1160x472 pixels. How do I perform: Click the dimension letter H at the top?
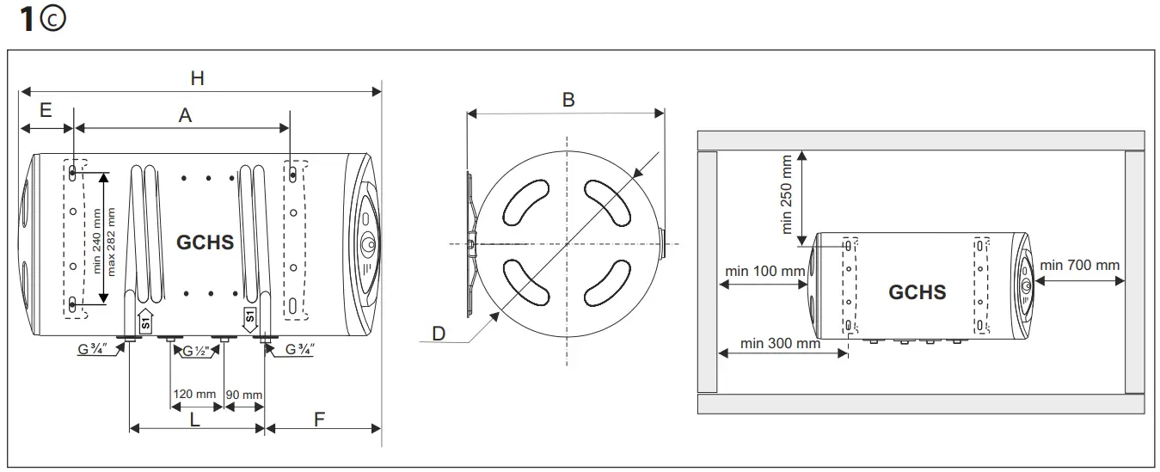(197, 77)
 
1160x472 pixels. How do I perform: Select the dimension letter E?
(46, 110)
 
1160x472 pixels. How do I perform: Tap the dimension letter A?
(184, 115)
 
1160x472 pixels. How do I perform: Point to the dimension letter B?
(568, 99)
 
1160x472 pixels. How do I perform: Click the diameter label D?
(439, 334)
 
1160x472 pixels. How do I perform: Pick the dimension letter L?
(195, 420)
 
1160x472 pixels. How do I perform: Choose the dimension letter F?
(319, 420)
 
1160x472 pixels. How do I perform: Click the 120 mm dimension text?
(194, 394)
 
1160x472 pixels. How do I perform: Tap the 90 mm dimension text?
(244, 394)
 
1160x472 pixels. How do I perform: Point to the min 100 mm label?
(765, 271)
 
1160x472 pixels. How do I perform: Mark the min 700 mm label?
(1080, 265)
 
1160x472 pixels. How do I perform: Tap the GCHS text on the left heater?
(205, 242)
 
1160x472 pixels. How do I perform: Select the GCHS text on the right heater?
(917, 292)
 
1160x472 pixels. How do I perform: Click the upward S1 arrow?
(145, 318)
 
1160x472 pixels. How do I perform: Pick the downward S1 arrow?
(250, 317)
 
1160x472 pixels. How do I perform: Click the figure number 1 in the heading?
(27, 20)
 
